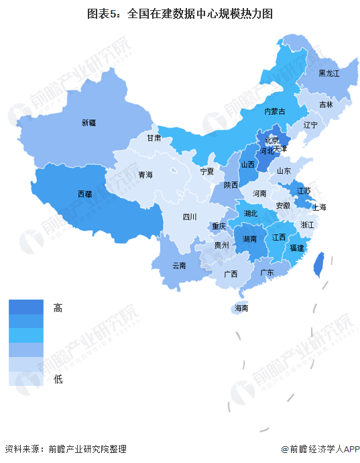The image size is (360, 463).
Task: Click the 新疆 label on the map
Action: (89, 123)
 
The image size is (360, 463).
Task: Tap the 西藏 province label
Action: (85, 194)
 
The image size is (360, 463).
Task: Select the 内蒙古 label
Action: (274, 111)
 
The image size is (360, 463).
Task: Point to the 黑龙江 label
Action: (329, 73)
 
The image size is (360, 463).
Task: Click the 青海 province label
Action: (145, 175)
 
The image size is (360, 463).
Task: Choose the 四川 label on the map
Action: (190, 217)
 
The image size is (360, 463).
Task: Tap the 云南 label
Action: (179, 265)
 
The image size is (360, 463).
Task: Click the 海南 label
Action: (241, 309)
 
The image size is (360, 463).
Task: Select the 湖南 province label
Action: (252, 239)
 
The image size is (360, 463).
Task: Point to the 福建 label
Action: (296, 248)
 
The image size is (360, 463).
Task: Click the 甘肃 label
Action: (154, 138)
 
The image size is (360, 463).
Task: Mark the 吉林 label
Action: (326, 105)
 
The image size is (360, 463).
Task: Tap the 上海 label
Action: (318, 207)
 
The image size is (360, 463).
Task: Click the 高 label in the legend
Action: (58, 308)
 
